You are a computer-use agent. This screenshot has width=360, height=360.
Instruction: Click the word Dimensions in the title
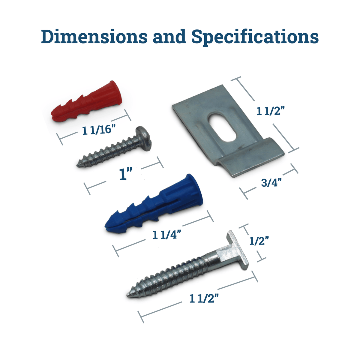[x=94, y=36]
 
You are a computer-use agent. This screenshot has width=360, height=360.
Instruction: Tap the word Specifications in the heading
[x=255, y=37]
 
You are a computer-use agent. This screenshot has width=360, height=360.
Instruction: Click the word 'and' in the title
[x=169, y=36]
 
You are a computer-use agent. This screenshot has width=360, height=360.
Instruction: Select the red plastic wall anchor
[x=86, y=101]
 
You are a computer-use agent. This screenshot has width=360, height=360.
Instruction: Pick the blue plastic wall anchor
[x=154, y=204]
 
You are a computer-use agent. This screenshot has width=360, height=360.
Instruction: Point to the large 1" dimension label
[x=126, y=174]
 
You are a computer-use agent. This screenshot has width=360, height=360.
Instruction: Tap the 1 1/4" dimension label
[x=167, y=235]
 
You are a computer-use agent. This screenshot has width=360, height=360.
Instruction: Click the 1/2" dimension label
[x=259, y=241]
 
